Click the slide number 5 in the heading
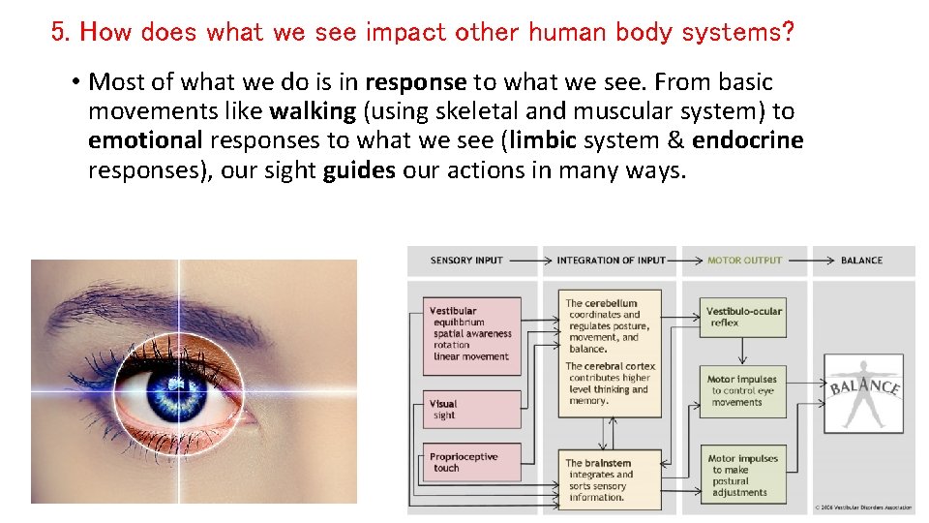point(60,32)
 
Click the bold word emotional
point(145,140)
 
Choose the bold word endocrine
point(747,140)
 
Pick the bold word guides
point(359,171)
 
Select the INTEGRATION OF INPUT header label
point(611,261)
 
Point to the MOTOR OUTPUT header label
point(744,261)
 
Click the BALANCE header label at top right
point(861,261)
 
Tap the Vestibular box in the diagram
point(473,335)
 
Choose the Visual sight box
point(473,410)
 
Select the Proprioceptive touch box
point(473,462)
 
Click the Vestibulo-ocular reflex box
point(743,317)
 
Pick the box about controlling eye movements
point(743,391)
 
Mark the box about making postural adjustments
point(743,475)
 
